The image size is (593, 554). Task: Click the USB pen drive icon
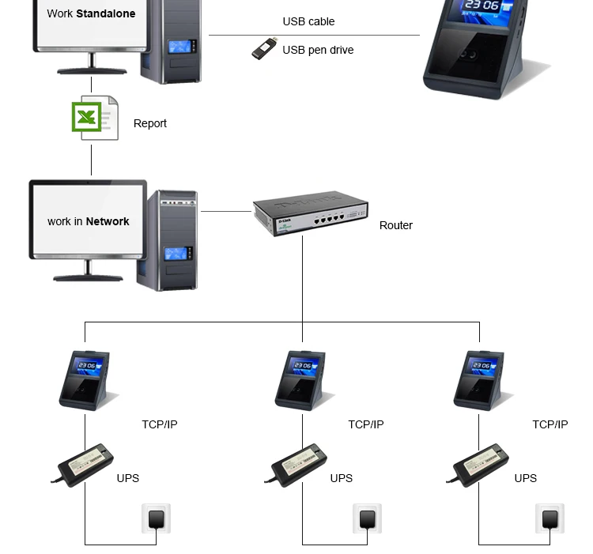(x=263, y=49)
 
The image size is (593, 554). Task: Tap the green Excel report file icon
(x=95, y=118)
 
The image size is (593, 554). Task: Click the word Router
(x=396, y=225)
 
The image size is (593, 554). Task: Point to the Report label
(x=150, y=123)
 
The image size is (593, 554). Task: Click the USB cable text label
(x=308, y=21)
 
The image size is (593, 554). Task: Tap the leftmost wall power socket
(x=157, y=519)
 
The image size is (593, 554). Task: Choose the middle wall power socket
(x=367, y=519)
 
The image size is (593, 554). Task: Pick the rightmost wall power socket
(x=550, y=519)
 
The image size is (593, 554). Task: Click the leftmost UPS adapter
(x=85, y=465)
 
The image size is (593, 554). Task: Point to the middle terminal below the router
(x=301, y=379)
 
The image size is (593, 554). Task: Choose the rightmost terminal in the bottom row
(x=479, y=379)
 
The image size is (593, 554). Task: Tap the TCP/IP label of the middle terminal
(x=366, y=424)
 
